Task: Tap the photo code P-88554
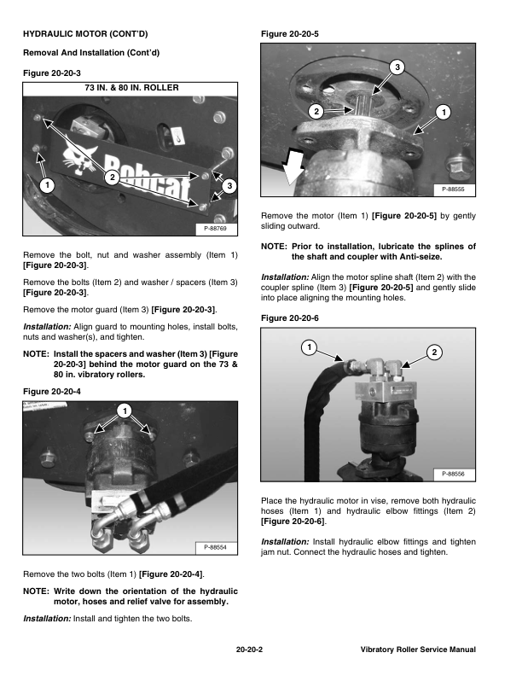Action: pos(217,546)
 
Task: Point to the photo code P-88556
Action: pos(455,474)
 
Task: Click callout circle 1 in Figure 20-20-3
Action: pos(46,184)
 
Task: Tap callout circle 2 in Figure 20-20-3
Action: pos(112,177)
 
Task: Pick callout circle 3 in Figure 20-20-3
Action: pos(231,185)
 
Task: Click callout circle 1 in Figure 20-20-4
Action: pos(124,411)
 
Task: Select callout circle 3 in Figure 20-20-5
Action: pos(397,67)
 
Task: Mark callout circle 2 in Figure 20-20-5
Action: pos(315,112)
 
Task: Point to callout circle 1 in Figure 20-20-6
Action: pos(308,347)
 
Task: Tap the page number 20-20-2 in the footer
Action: pos(248,650)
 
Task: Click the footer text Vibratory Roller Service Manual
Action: pos(418,650)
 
